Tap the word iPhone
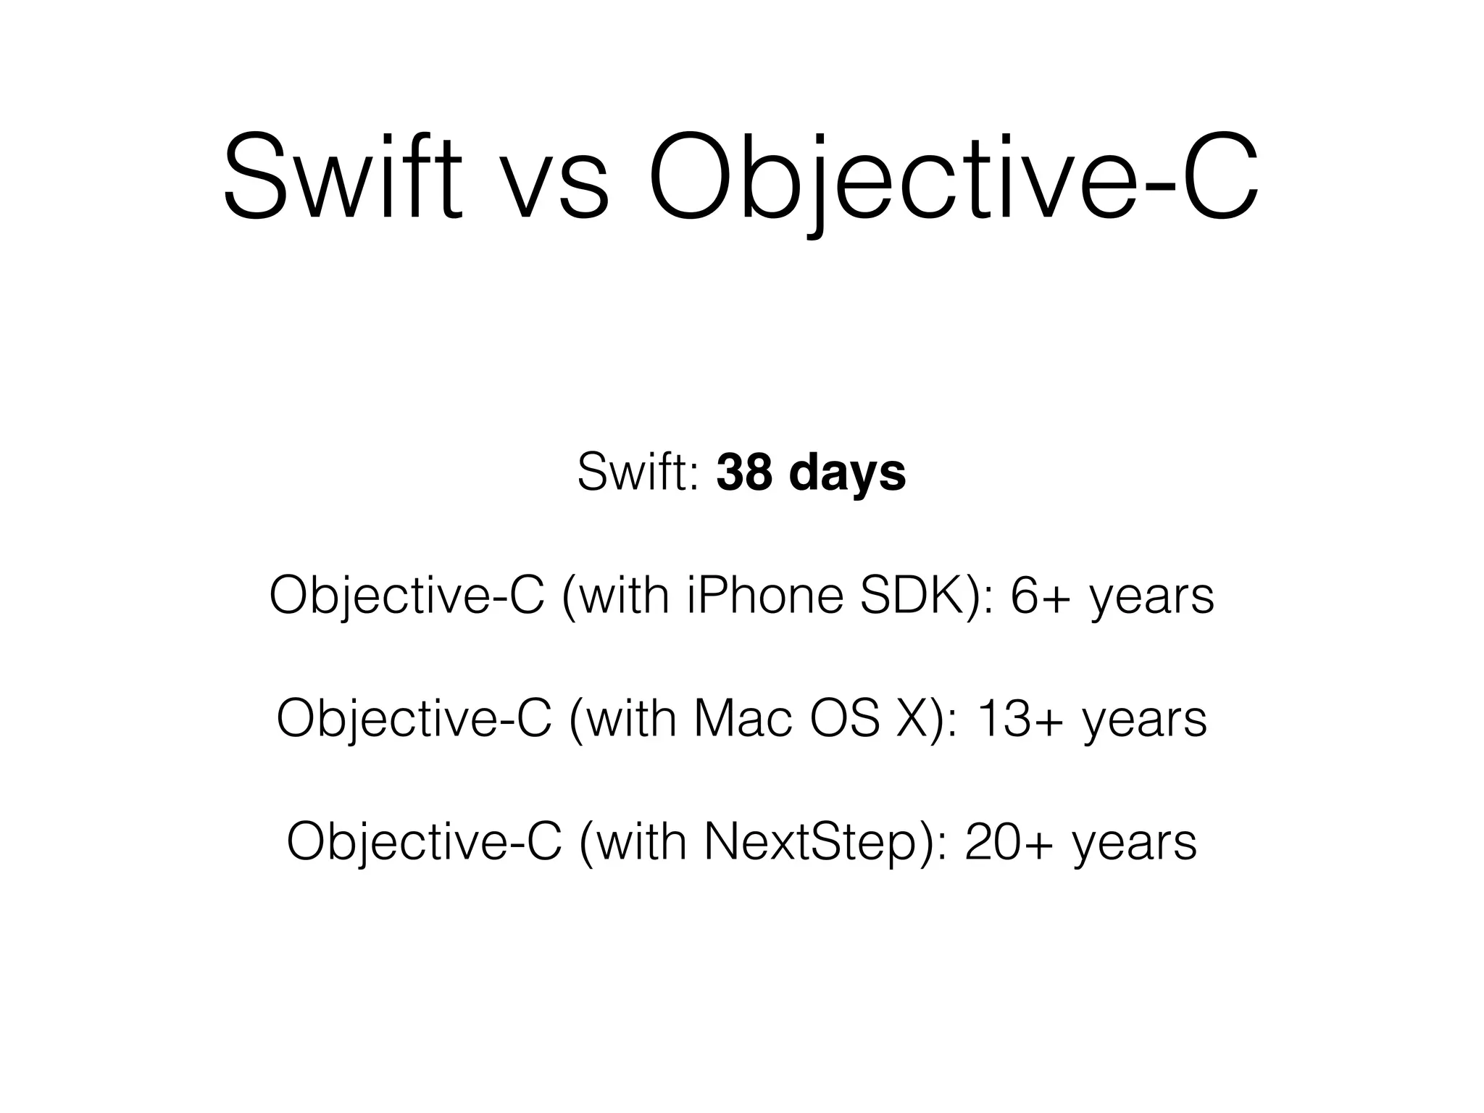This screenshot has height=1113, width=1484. (764, 596)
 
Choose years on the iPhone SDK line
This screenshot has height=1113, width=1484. (1152, 599)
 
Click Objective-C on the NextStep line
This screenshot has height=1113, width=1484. (424, 841)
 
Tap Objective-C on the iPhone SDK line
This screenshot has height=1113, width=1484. (407, 596)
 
